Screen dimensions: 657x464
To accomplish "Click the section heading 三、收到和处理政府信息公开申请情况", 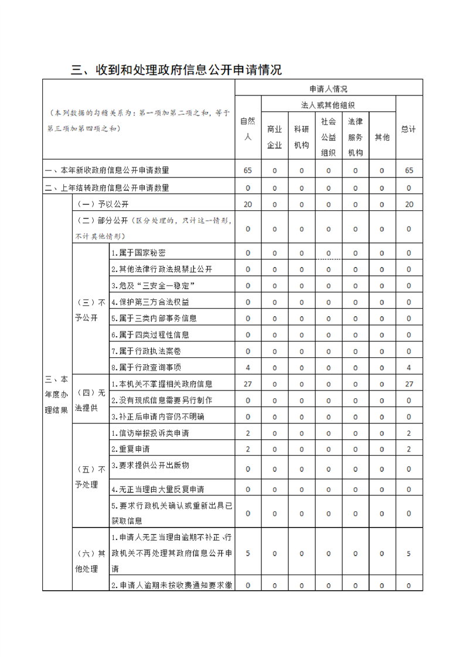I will (176, 70).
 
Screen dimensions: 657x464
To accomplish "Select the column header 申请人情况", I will (328, 89).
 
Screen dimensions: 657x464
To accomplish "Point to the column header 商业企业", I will (274, 137).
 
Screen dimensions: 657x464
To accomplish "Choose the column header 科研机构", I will (301, 137).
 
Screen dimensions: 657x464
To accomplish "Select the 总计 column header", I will (408, 129).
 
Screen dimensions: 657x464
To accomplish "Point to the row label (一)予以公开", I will (103, 204).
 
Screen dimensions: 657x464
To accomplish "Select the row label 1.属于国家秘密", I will (138, 253).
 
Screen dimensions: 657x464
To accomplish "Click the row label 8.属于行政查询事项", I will (146, 367).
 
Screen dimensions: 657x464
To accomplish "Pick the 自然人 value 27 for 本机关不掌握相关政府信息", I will (248, 384).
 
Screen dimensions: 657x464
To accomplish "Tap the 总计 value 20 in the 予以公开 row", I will (408, 204).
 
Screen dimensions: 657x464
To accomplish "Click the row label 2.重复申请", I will (130, 449).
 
